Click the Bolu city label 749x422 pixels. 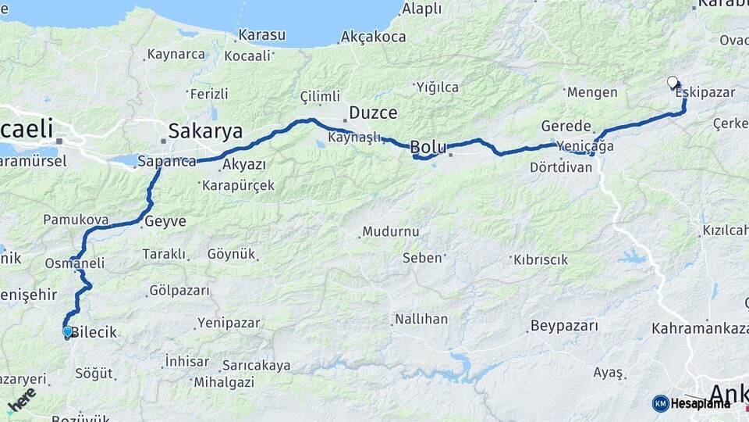(x=428, y=147)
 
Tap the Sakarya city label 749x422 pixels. (x=205, y=131)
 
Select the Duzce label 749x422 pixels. (x=373, y=112)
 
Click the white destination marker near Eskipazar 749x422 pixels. (x=673, y=82)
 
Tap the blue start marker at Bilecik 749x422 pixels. (x=68, y=332)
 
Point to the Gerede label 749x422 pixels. (x=566, y=127)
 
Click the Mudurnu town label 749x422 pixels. (x=392, y=231)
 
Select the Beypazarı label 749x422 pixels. (x=563, y=325)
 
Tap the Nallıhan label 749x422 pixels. (x=421, y=319)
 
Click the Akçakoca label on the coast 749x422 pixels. (x=373, y=37)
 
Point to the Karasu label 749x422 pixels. (x=261, y=35)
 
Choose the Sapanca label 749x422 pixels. (x=166, y=162)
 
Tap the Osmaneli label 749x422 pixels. (x=75, y=263)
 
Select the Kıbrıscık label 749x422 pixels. (x=541, y=259)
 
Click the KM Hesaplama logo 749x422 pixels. (x=692, y=403)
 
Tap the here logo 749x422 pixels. (x=22, y=399)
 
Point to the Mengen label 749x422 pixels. (x=591, y=92)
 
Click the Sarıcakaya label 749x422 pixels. (x=256, y=365)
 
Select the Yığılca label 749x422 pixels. (x=437, y=87)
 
